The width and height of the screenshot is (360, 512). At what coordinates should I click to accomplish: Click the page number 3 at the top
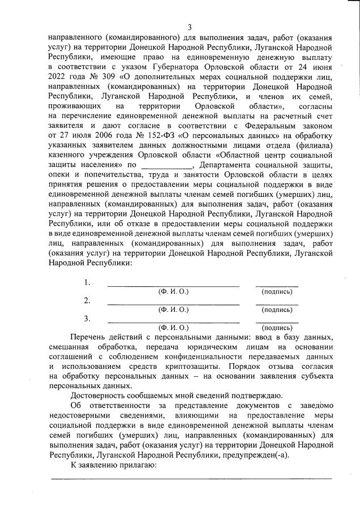click(190, 27)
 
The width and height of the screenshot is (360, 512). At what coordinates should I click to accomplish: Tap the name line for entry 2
click(173, 304)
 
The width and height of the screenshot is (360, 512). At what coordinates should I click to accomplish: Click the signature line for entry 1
click(277, 286)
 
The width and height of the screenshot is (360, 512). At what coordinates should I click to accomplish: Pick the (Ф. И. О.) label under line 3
click(173, 328)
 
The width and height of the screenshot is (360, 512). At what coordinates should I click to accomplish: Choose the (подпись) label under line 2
click(277, 309)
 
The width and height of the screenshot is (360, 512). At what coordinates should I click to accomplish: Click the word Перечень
click(89, 338)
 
